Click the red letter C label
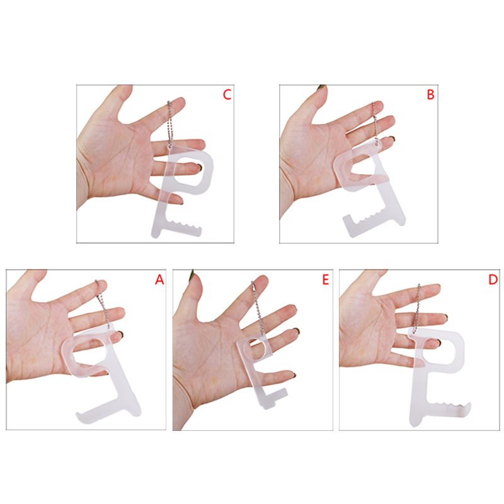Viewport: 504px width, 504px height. point(227,94)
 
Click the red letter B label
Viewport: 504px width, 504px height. point(430,94)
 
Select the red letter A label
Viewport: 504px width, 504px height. point(159,279)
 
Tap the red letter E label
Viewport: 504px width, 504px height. point(325,279)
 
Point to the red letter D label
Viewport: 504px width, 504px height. point(493,279)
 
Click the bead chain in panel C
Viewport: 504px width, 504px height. point(169,123)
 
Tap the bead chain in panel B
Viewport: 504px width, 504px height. point(375,123)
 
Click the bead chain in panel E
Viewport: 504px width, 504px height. point(258,309)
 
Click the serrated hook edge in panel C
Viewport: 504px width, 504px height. point(184,224)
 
